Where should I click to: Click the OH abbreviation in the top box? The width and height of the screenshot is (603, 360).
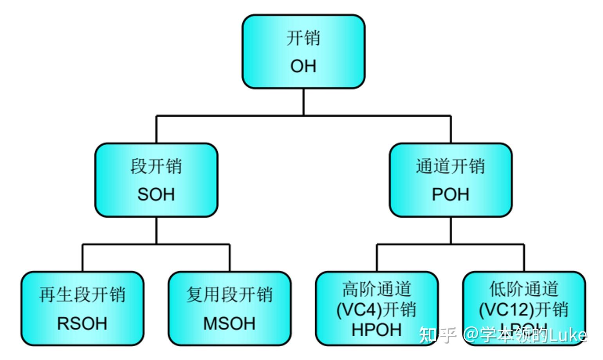click(303, 66)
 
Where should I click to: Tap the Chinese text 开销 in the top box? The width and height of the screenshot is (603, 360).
click(303, 38)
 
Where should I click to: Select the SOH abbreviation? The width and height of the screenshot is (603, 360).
click(156, 194)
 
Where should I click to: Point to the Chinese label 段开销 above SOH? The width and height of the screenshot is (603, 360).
click(156, 166)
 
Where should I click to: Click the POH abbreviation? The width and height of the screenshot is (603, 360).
click(450, 194)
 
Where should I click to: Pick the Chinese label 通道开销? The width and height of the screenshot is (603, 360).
click(450, 166)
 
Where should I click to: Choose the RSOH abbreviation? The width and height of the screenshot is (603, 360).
click(82, 324)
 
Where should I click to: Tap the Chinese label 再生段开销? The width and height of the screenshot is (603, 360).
click(82, 295)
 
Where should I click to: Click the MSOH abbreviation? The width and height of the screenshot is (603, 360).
click(229, 324)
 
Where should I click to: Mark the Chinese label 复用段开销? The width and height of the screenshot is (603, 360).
click(229, 295)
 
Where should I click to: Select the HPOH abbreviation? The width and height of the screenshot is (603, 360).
click(377, 329)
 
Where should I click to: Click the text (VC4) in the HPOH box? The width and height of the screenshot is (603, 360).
click(359, 310)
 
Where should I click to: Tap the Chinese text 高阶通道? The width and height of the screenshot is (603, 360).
click(377, 289)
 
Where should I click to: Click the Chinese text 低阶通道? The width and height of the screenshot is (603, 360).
click(524, 289)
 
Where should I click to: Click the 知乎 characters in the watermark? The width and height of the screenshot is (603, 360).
click(438, 335)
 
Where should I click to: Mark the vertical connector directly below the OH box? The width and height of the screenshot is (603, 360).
click(303, 102)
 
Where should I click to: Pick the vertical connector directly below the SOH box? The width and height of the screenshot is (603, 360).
click(156, 230)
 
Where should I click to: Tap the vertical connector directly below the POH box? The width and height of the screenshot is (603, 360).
click(451, 230)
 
